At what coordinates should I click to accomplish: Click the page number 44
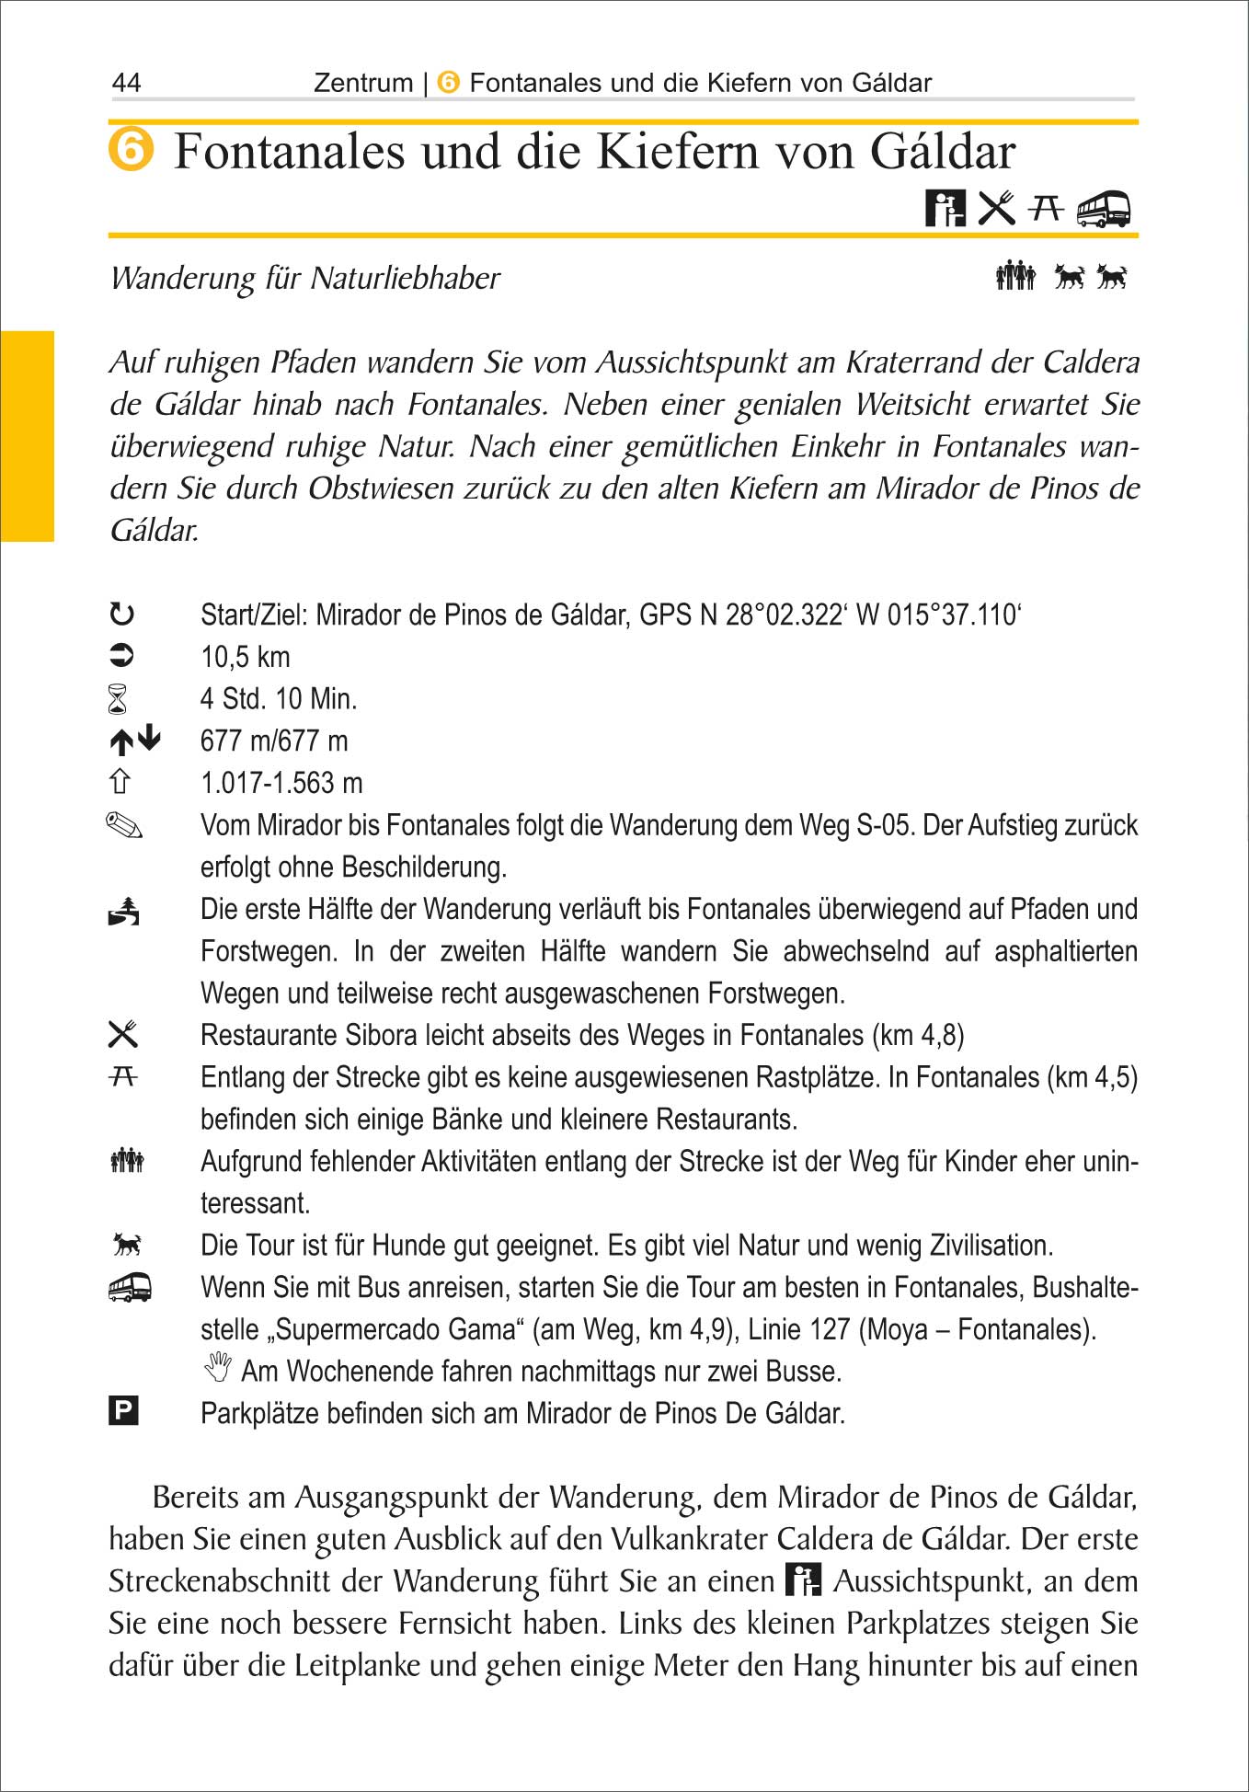point(126,83)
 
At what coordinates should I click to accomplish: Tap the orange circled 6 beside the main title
point(132,150)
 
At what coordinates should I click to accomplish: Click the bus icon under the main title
point(1103,209)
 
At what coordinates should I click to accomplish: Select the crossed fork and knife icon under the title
point(996,208)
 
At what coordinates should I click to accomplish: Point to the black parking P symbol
point(123,1410)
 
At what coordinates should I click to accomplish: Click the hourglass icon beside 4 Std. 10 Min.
point(118,699)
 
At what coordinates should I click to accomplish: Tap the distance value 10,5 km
point(246,657)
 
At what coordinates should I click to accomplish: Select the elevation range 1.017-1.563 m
point(281,783)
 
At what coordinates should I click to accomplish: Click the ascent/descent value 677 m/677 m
point(274,741)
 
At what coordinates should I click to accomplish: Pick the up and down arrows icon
point(134,741)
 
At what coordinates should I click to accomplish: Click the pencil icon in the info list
point(124,825)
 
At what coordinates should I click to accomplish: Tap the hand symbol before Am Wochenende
point(218,1368)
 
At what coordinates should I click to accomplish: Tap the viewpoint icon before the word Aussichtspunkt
point(803,1579)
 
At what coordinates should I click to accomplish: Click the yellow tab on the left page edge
point(27,436)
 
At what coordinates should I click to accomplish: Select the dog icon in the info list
point(127,1245)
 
